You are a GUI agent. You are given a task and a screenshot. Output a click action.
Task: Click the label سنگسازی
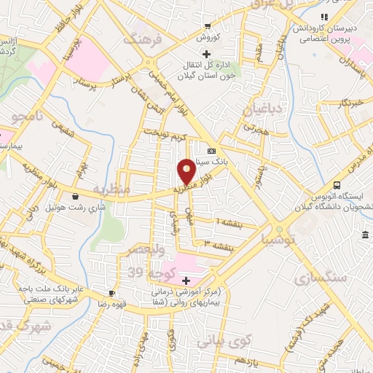[318, 278]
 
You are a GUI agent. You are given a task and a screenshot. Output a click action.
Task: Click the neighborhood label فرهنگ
[140, 40]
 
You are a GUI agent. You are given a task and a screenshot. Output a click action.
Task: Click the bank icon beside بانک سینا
[211, 144]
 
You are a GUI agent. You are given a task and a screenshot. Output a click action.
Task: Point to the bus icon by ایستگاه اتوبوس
[337, 185]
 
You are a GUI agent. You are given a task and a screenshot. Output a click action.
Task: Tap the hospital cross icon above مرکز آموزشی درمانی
[186, 280]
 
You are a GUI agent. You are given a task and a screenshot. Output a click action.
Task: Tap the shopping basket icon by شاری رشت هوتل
[76, 195]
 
